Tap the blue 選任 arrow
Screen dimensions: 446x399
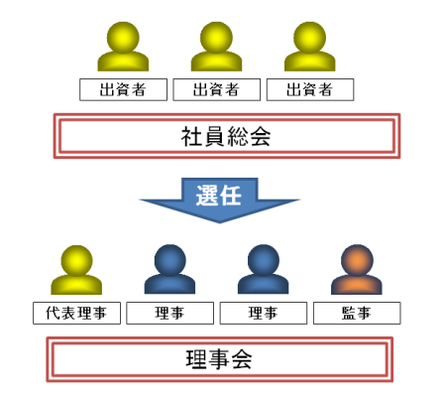tap(219, 200)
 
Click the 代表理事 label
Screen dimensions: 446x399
tap(76, 313)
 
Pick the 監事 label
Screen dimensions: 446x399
tap(357, 313)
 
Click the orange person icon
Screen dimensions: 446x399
tap(357, 269)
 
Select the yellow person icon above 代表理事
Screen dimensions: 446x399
tap(76, 270)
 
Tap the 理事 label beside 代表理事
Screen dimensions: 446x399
tap(169, 313)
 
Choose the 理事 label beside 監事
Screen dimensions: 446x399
tap(264, 313)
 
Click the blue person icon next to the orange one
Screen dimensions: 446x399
tap(264, 269)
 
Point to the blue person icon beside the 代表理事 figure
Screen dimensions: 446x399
tap(169, 269)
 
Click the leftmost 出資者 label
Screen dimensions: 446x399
tap(123, 89)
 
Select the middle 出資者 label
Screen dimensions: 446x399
tap(217, 89)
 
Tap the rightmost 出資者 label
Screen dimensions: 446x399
tap(310, 89)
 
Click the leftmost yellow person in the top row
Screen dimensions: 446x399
tap(123, 47)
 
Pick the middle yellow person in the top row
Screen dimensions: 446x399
tap(216, 47)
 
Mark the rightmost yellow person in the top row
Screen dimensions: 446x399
tap(310, 47)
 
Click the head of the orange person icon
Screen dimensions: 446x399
tap(357, 260)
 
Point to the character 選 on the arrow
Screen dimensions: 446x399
tap(207, 196)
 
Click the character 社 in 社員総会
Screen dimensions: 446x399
tap(191, 136)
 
